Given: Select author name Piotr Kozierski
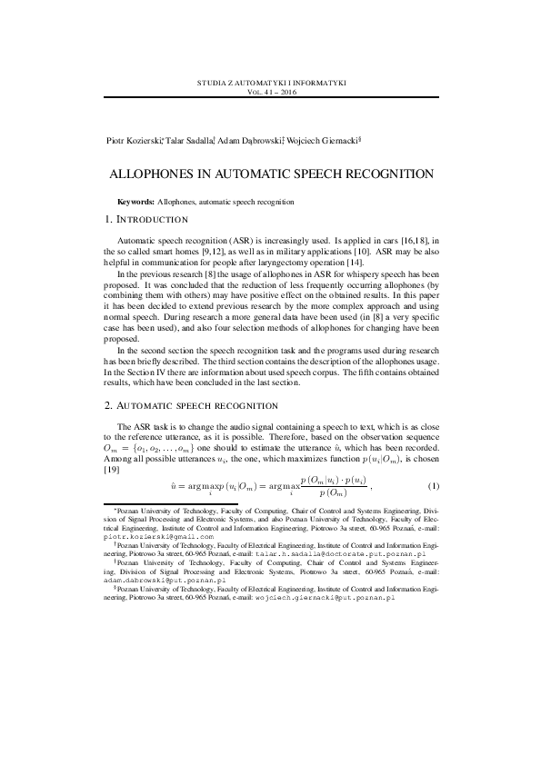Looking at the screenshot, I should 133,141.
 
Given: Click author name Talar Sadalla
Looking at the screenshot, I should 188,141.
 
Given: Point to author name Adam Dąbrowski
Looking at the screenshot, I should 249,141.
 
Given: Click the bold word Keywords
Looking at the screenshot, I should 136,201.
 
